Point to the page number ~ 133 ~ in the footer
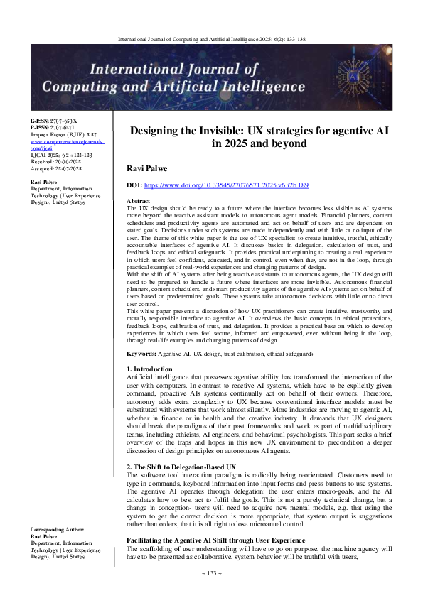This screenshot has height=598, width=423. click(211, 591)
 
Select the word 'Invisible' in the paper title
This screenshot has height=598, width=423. click(253, 131)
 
